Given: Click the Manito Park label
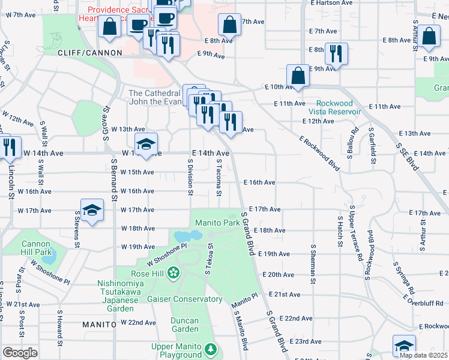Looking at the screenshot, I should click(217, 223).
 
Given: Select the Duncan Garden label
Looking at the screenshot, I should click(183, 324).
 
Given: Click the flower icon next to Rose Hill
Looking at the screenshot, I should click(173, 274).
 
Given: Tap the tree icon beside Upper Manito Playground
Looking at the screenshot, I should click(210, 349).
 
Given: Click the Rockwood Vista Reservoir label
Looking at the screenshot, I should click(334, 107).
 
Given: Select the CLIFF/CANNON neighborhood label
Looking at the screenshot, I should click(86, 53).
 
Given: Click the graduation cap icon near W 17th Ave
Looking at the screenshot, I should click(92, 210).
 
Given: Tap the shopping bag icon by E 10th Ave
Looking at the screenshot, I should click(298, 76).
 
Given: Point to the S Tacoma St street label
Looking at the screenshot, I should click(218, 178).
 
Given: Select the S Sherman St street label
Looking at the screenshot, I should click(313, 261).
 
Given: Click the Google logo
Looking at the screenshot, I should click(20, 353).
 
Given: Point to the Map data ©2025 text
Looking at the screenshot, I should click(423, 355).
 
